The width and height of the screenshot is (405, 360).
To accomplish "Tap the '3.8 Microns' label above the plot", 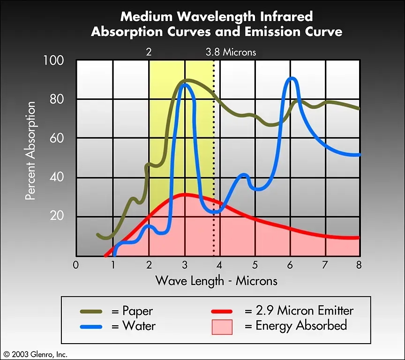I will [231, 52].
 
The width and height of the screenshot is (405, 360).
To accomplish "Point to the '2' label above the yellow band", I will [149, 52].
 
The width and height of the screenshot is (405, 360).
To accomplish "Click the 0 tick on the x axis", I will [76, 265].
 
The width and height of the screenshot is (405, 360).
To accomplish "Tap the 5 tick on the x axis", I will [255, 265].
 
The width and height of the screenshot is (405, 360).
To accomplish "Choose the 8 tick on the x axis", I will [360, 265].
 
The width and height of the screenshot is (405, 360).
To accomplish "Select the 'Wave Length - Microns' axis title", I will [216, 281].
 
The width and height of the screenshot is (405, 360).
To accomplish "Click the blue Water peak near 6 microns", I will [291, 78].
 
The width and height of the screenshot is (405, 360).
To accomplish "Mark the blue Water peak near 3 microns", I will [185, 84].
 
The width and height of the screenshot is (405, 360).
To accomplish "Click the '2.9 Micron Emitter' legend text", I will [299, 310].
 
